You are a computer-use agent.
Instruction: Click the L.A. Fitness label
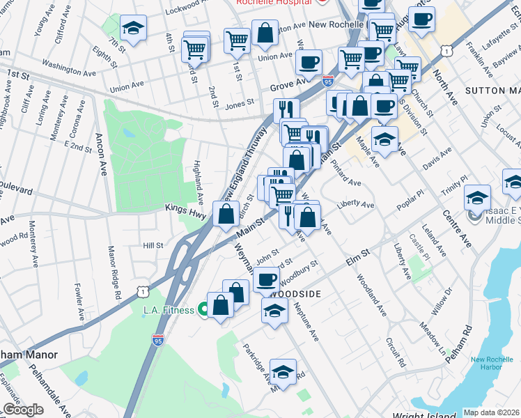click(x=168, y=310)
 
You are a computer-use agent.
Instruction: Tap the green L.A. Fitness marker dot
click(x=203, y=309)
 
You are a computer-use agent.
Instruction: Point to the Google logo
click(x=23, y=410)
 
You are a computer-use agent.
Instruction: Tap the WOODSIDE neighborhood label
click(x=295, y=294)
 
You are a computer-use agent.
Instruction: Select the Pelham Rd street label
click(x=467, y=339)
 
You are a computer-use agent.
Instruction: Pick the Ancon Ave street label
click(x=100, y=154)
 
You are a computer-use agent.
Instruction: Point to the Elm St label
click(x=357, y=261)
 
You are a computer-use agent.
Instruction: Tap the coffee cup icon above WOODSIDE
click(x=265, y=280)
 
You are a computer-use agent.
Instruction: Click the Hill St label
click(x=153, y=246)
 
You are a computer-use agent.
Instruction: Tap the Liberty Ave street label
click(x=355, y=206)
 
